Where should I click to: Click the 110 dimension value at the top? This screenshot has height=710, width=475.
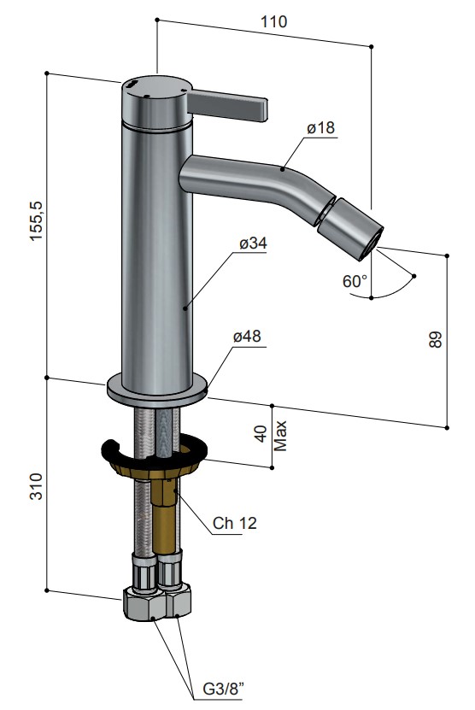pyautogui.click(x=273, y=21)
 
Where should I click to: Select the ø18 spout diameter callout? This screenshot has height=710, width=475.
pyautogui.click(x=320, y=127)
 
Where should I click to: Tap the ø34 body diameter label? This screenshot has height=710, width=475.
pyautogui.click(x=253, y=244)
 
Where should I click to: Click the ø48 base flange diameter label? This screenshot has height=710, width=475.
pyautogui.click(x=247, y=336)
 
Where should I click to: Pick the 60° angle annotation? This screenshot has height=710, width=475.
pyautogui.click(x=355, y=281)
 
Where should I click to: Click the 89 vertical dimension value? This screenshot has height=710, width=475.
pyautogui.click(x=435, y=339)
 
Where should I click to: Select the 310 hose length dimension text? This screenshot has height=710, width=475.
pyautogui.click(x=36, y=486)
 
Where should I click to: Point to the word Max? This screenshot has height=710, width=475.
pyautogui.click(x=281, y=436)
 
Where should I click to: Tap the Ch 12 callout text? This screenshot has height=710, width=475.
pyautogui.click(x=235, y=523)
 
